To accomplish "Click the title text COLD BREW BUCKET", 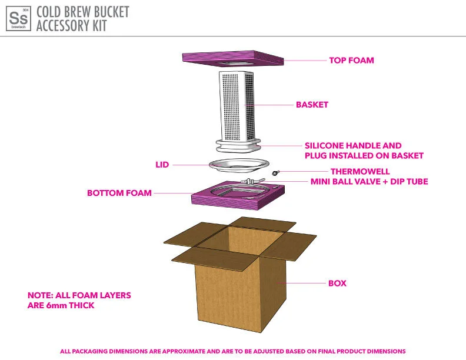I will (x=82, y=12).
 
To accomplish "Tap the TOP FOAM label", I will (x=351, y=60).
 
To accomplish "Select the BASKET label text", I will (x=312, y=105).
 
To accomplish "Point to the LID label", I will (x=162, y=165).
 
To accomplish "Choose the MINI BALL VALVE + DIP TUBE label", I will (x=369, y=182).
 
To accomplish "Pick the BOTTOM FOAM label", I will (x=119, y=193).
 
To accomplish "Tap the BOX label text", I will (x=337, y=284).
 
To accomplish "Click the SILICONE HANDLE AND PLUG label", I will (x=364, y=151).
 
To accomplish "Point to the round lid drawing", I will (x=239, y=165).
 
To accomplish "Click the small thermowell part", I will (x=275, y=173).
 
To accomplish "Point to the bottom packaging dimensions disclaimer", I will (x=232, y=351).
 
